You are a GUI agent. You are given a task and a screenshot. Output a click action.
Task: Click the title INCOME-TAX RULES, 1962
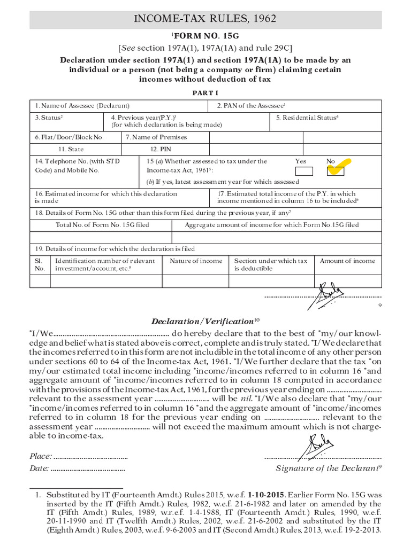[x=205, y=19]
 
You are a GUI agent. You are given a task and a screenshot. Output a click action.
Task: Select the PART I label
[x=205, y=93]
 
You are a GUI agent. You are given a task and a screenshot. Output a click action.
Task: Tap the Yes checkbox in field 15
[x=304, y=171]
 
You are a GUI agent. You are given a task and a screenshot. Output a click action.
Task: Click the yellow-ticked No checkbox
[x=336, y=170]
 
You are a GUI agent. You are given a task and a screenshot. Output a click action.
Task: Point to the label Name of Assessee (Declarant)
[x=82, y=106]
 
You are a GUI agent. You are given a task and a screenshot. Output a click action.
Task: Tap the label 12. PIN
[x=161, y=150]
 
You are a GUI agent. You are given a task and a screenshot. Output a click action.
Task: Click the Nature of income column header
[x=196, y=261]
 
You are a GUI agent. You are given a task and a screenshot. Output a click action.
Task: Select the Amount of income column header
[x=347, y=261]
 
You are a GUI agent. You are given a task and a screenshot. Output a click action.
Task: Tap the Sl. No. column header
[x=40, y=265]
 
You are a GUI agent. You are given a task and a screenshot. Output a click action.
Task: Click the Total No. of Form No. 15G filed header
[x=102, y=225]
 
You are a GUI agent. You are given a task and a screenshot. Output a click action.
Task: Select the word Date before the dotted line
[x=39, y=468]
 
